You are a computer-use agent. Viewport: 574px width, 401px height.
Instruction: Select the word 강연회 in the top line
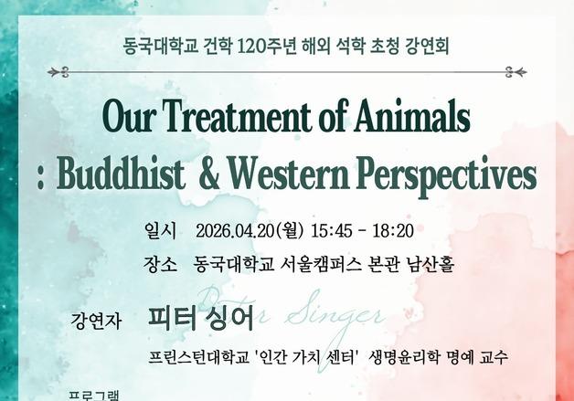pos(426,45)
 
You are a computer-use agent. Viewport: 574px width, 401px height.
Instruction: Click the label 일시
pos(158,228)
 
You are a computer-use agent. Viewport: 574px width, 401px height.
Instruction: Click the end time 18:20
pos(393,228)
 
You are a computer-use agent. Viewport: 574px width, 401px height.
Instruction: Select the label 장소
pos(159,266)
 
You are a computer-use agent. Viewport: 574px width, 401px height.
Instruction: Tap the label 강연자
pos(94,322)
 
